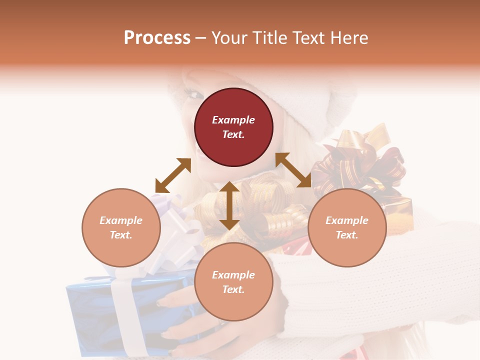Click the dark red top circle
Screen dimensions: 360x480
point(233,127)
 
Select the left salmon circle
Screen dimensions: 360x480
point(121,227)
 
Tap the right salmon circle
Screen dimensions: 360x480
point(347,227)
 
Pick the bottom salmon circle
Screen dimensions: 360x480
point(233,282)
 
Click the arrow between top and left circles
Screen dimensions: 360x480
point(173,175)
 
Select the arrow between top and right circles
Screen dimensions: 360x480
point(293,170)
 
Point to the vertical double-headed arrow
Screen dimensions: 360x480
point(229,205)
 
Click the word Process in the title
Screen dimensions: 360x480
point(157,37)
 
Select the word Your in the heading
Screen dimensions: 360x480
point(228,37)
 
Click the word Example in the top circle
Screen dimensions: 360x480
point(233,120)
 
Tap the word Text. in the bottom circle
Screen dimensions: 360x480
point(233,289)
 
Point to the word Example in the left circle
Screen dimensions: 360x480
point(121,220)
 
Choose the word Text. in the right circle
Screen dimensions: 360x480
point(347,235)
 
